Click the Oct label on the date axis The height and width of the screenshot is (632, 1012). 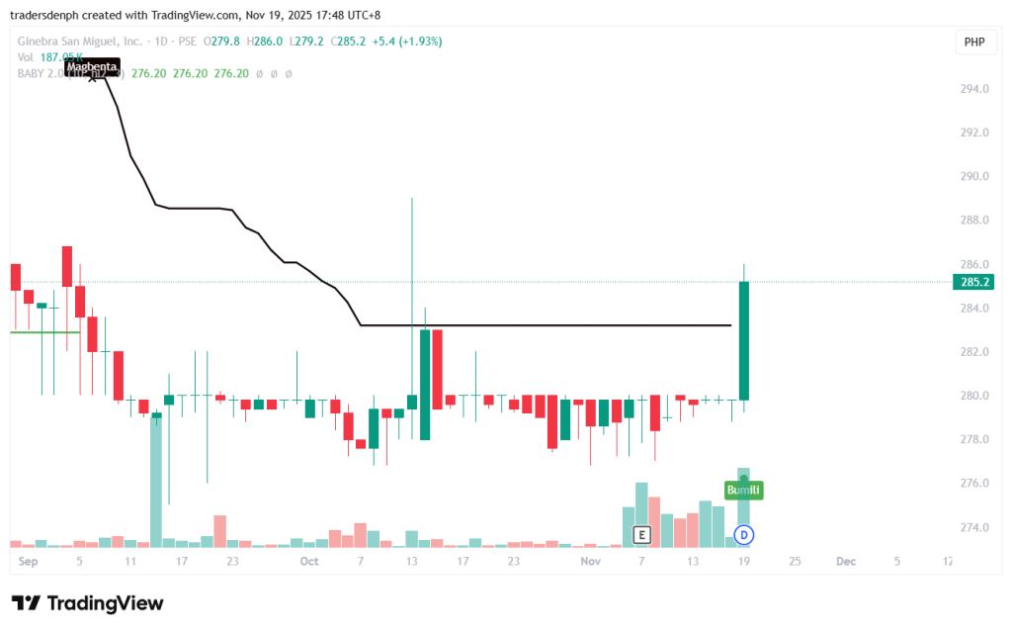(x=309, y=561)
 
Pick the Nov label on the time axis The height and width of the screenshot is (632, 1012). (x=590, y=561)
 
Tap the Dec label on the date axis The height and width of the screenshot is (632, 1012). (x=845, y=561)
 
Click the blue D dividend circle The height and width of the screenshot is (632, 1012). (x=744, y=535)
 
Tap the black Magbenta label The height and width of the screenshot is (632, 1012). (x=92, y=66)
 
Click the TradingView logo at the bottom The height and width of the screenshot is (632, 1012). (x=87, y=603)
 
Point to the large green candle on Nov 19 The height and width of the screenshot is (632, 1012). (x=743, y=340)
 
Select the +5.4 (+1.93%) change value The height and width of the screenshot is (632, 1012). (x=405, y=42)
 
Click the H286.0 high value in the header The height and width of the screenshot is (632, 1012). (x=265, y=42)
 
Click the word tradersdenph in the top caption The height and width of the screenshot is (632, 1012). (x=47, y=15)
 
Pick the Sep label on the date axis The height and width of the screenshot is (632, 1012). (x=28, y=561)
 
